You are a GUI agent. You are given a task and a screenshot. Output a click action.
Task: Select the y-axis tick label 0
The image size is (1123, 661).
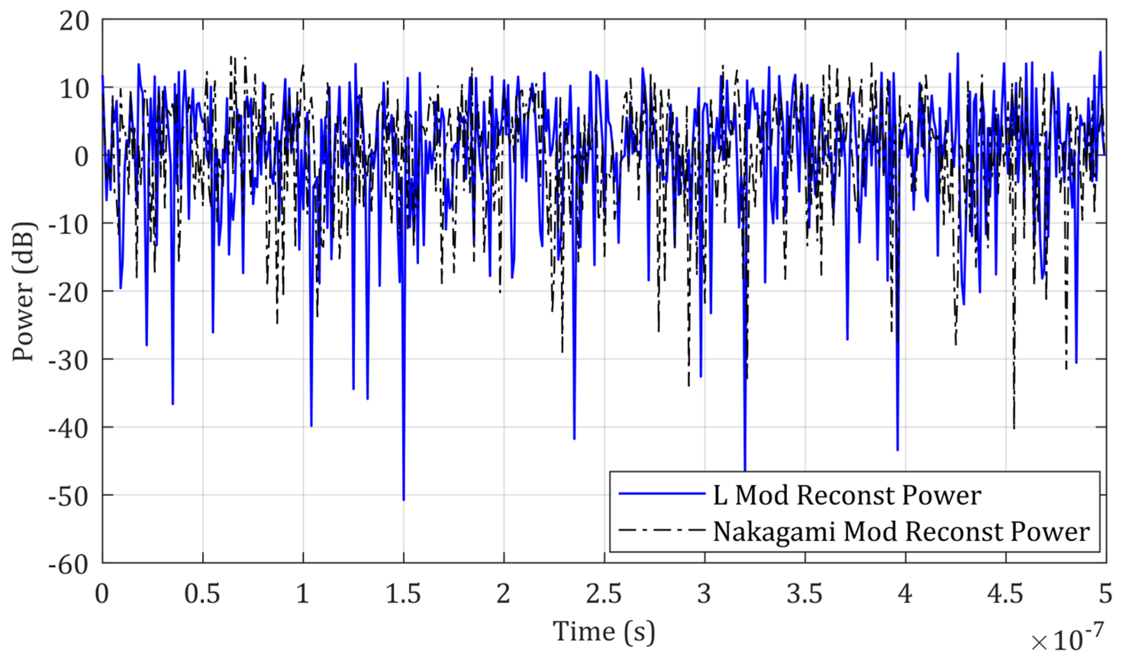(x=81, y=157)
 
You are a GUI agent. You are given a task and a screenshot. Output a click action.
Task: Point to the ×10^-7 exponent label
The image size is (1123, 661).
(x=1067, y=640)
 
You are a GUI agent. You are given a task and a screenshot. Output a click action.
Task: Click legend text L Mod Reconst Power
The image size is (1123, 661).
(x=847, y=496)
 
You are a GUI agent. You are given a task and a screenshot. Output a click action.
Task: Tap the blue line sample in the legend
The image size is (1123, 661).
(x=661, y=494)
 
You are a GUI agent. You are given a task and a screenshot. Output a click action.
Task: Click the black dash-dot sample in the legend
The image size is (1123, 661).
(x=661, y=530)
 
